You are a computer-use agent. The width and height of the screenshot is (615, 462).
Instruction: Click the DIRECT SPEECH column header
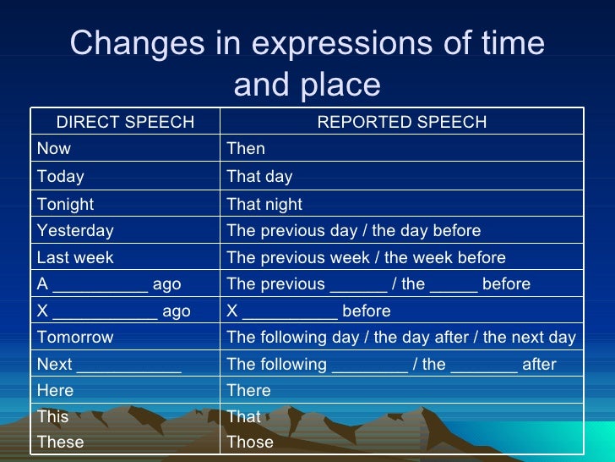pyautogui.click(x=125, y=122)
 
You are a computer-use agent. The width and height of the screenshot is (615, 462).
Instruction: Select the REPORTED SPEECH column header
pyautogui.click(x=401, y=122)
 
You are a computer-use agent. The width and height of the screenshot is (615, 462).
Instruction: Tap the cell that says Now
pyautogui.click(x=54, y=149)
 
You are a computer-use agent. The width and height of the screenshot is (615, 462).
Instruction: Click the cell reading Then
pyautogui.click(x=246, y=149)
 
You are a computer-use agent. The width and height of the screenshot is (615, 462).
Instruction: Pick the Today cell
pyautogui.click(x=61, y=177)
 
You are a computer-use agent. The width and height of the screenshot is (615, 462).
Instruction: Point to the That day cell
pyautogui.click(x=259, y=177)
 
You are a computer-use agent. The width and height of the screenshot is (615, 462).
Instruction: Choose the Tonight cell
pyautogui.click(x=66, y=204)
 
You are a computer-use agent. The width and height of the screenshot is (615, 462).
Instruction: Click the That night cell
pyautogui.click(x=264, y=204)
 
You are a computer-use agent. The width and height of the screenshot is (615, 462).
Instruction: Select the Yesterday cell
pyautogui.click(x=75, y=230)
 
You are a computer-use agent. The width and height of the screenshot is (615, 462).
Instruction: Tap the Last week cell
pyautogui.click(x=75, y=257)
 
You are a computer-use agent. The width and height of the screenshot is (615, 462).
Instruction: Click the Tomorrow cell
pyautogui.click(x=75, y=337)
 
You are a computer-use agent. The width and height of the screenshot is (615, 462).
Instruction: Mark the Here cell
pyautogui.click(x=56, y=390)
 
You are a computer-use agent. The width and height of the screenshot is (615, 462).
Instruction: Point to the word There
pyautogui.click(x=249, y=390)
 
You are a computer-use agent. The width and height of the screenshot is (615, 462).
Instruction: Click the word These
pyautogui.click(x=61, y=442)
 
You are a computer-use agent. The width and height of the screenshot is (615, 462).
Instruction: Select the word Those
pyautogui.click(x=250, y=442)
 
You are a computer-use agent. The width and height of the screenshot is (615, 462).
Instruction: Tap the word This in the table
pyautogui.click(x=53, y=416)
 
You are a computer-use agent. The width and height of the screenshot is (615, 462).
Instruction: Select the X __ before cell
pyautogui.click(x=308, y=311)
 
